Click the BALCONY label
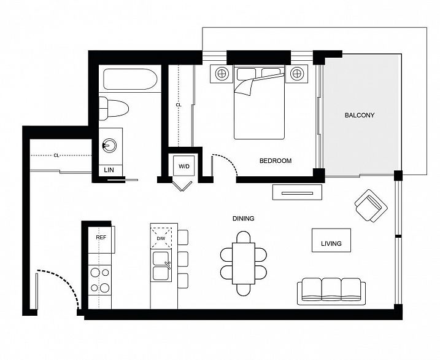coord(359,115)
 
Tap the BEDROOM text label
coord(275,161)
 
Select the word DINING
coord(243,218)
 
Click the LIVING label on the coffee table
coord(331,243)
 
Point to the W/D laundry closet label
coord(184,166)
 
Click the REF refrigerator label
coord(101,237)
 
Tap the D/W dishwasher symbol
coord(161,238)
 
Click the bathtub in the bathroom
coord(131,80)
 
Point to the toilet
coord(115,108)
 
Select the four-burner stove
coord(100,279)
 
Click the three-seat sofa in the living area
coord(331,290)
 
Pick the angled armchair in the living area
coord(371,206)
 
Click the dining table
coord(243,263)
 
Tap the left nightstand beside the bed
coord(222,74)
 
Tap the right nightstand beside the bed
coord(298,74)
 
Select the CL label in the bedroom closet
coord(179,105)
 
